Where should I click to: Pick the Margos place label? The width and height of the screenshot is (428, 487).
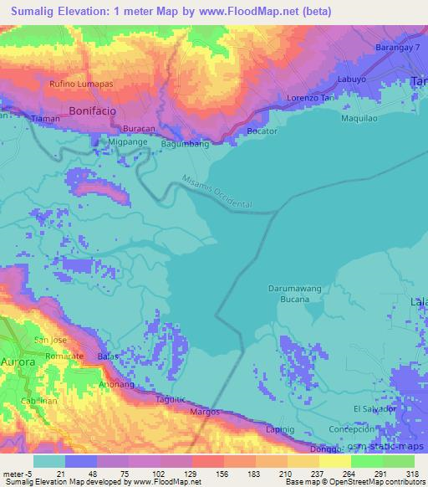click(204, 413)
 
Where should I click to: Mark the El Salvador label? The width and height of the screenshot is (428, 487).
click(374, 408)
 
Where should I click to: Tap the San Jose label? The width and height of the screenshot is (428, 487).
click(50, 340)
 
